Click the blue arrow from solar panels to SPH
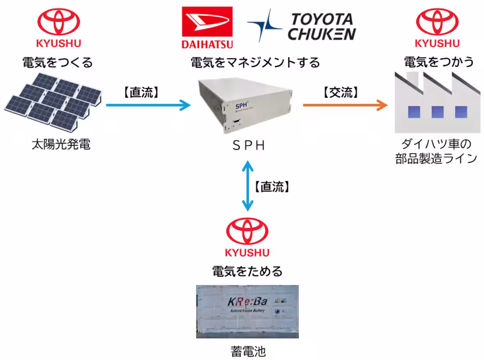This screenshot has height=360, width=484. coord(148,105)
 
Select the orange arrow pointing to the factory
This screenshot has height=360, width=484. coord(345,105)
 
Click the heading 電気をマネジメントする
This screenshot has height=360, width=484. coord(255,62)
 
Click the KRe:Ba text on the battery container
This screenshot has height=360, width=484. coord(247,302)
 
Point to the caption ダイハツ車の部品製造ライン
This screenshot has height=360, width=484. coord(436,152)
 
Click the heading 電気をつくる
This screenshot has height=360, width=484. coord(58,62)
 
